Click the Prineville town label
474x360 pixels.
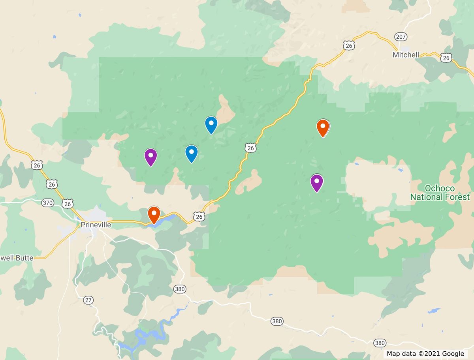coord(96,225)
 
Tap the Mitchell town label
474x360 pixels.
coord(406,55)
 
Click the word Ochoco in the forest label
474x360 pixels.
coord(440,188)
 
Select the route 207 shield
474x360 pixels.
coord(401,37)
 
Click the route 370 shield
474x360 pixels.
coord(48,203)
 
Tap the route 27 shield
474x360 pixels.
coord(88,300)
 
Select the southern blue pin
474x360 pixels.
coord(192,153)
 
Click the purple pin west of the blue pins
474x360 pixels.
coord(150,157)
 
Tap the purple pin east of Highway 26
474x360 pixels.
coord(317,182)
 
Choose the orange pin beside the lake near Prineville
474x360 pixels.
coord(154,214)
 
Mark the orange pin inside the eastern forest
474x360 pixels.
coord(323,127)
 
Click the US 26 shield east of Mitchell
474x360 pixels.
coord(446,58)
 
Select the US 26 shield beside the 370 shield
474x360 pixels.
coord(68,204)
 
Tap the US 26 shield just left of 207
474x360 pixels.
coord(349,46)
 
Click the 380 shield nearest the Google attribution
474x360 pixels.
coord(380,343)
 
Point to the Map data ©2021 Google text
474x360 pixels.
coord(425,354)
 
